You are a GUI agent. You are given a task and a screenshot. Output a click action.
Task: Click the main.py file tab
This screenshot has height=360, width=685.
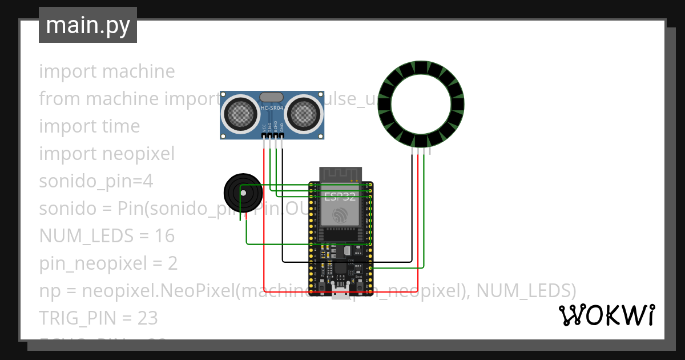[x=87, y=25]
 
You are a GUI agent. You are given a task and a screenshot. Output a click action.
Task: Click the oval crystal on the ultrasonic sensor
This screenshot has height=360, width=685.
[x=271, y=98]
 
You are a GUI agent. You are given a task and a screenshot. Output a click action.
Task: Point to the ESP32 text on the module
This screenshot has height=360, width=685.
[x=340, y=197]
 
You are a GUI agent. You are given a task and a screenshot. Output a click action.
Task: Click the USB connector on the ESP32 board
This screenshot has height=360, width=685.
[x=341, y=294]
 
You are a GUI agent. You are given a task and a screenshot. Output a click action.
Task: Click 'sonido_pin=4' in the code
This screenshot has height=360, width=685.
[x=96, y=181]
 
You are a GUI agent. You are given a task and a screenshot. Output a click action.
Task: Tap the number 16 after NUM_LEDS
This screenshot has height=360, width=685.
[x=164, y=236]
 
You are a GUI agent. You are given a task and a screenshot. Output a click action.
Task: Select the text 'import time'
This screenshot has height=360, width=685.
[x=89, y=126]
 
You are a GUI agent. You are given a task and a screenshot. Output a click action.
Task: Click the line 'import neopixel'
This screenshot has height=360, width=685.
[x=107, y=154]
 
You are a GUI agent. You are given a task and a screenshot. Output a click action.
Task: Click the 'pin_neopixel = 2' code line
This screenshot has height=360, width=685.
[x=108, y=263]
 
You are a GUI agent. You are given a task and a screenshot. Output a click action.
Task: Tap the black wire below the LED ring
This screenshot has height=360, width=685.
[x=412, y=206]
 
